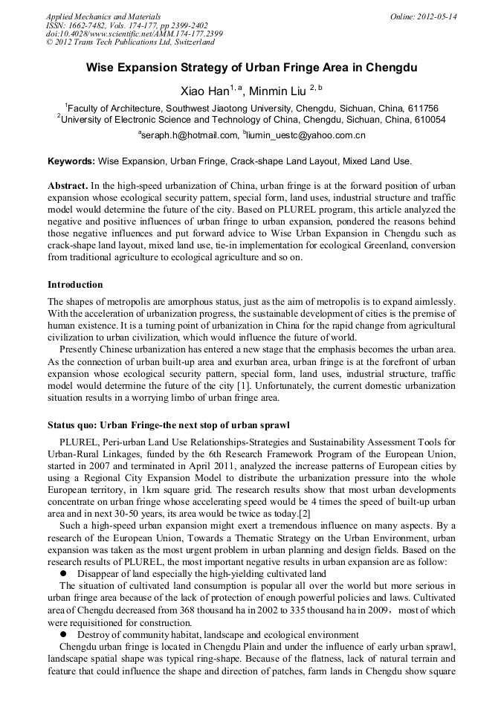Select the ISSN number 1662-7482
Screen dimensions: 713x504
(81, 25)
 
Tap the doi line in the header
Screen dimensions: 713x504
(134, 34)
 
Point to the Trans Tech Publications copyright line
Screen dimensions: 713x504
(130, 42)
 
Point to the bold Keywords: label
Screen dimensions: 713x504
(71, 161)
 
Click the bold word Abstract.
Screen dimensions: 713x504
(68, 184)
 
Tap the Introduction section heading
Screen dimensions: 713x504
(75, 285)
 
